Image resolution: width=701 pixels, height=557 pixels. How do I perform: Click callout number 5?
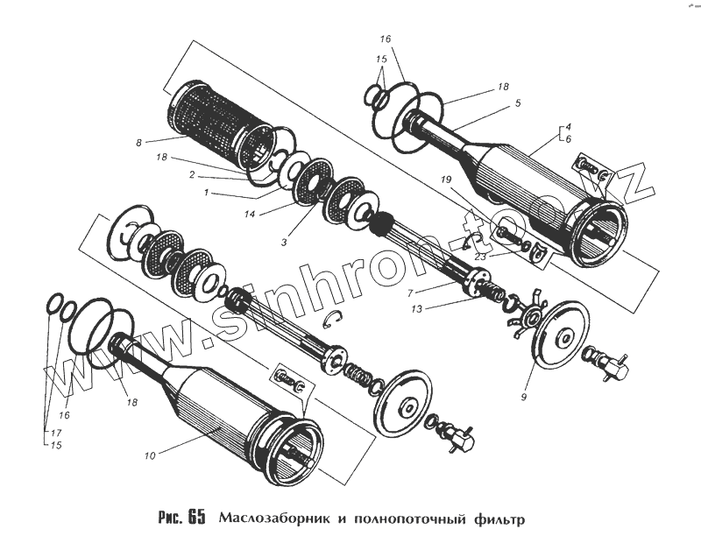[518, 103]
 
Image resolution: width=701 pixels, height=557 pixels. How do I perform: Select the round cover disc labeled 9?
[557, 335]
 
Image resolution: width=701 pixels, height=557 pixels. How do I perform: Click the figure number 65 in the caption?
[196, 517]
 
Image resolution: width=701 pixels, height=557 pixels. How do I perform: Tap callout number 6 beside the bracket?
[568, 139]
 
